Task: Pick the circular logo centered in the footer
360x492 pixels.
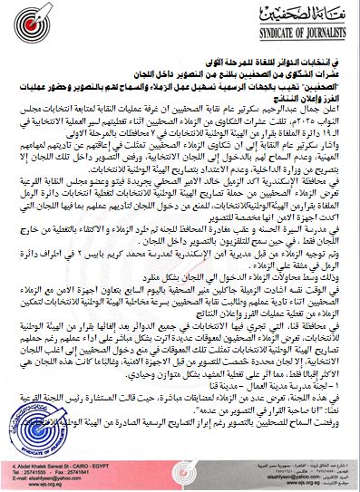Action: point(181,464)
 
